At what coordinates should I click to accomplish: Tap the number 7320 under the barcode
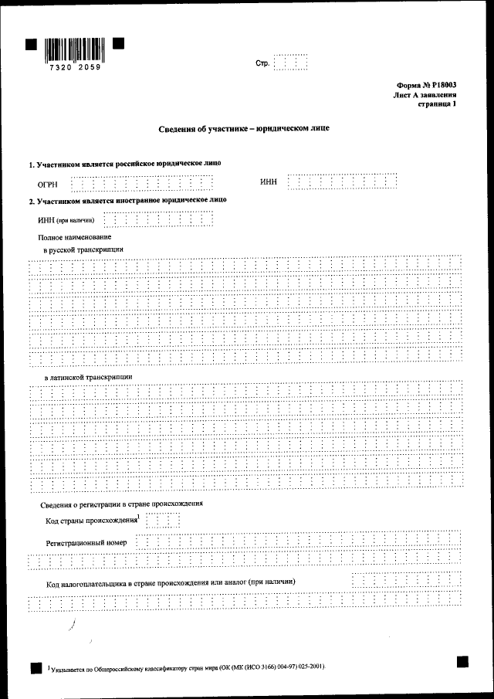pos(59,68)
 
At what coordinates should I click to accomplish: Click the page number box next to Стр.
pos(291,63)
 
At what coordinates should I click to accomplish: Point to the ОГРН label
pos(48,185)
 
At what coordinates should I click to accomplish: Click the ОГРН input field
pos(142,184)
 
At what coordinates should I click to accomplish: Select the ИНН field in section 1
pos(342,182)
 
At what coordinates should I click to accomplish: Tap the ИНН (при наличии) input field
pos(158,219)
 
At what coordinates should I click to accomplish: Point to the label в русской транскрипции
pos(84,250)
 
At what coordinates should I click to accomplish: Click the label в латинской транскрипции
pos(88,377)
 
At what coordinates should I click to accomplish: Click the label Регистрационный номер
pos(86,542)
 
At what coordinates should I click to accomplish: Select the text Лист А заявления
pos(424,96)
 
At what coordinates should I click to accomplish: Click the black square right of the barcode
pos(119,43)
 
